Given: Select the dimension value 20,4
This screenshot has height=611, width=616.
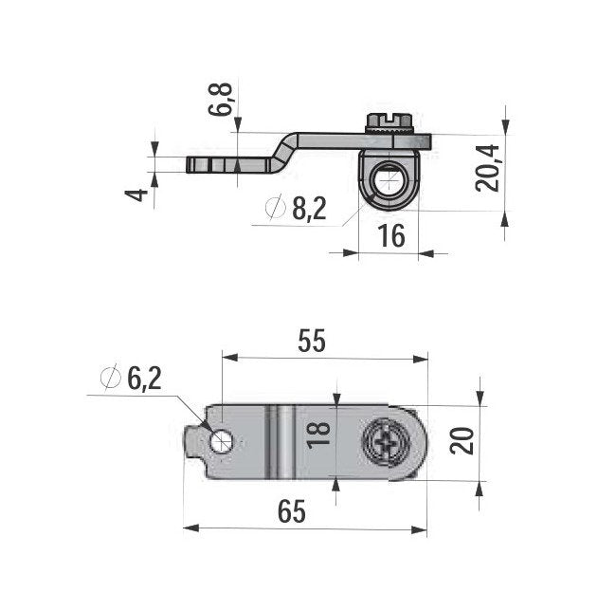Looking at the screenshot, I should pos(488,168).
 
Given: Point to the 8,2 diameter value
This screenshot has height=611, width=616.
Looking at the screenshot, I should pos(309,209).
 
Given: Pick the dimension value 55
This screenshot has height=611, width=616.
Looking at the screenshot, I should pos(312,342).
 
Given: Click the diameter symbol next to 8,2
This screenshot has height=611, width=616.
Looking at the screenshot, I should pos(276,209).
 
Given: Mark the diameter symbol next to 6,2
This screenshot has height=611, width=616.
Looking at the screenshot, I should pos(110,379).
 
